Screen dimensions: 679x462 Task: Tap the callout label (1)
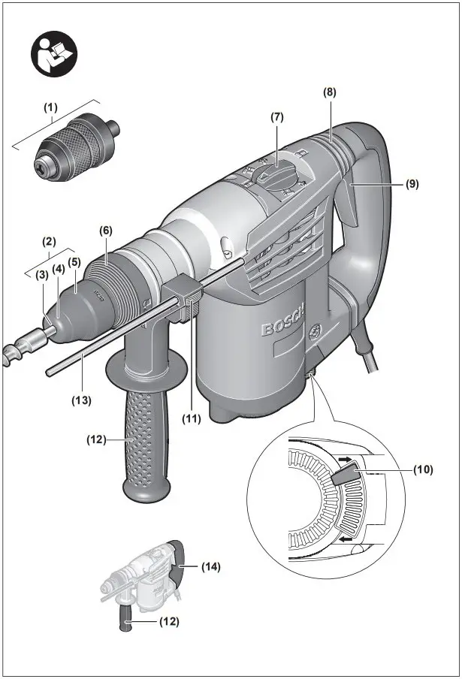[x=50, y=107]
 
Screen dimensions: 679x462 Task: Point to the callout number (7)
[x=277, y=118]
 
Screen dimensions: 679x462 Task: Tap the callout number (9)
[x=412, y=182]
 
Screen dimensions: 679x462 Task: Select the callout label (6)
[x=106, y=231]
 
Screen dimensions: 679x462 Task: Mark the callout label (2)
[x=50, y=242]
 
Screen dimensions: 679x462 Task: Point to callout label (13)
[x=81, y=400]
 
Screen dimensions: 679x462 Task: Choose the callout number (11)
[x=192, y=418]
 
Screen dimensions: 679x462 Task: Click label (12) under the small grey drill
[x=169, y=622]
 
